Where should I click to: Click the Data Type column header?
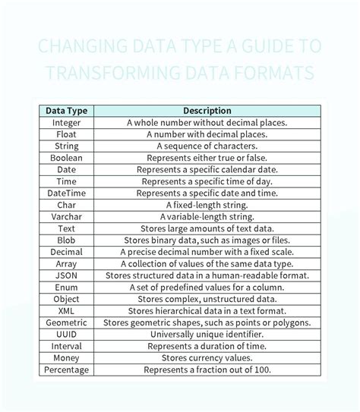(66, 111)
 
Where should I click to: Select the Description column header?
(207, 111)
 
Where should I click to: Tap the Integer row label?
(66, 122)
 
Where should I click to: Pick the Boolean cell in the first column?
(66, 158)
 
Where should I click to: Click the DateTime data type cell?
(66, 193)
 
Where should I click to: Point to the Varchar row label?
(66, 217)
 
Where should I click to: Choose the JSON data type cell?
(66, 275)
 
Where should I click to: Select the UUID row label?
(66, 334)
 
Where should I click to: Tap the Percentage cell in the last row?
(66, 370)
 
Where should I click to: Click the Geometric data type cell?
(66, 322)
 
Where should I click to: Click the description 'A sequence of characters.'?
(207, 146)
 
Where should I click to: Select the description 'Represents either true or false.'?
(207, 158)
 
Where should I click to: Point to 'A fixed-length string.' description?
(207, 205)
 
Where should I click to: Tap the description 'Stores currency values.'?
(207, 357)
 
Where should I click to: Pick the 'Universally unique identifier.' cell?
(207, 334)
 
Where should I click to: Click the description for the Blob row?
(207, 240)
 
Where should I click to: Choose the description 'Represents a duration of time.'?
(207, 346)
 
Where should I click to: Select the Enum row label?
(66, 288)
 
